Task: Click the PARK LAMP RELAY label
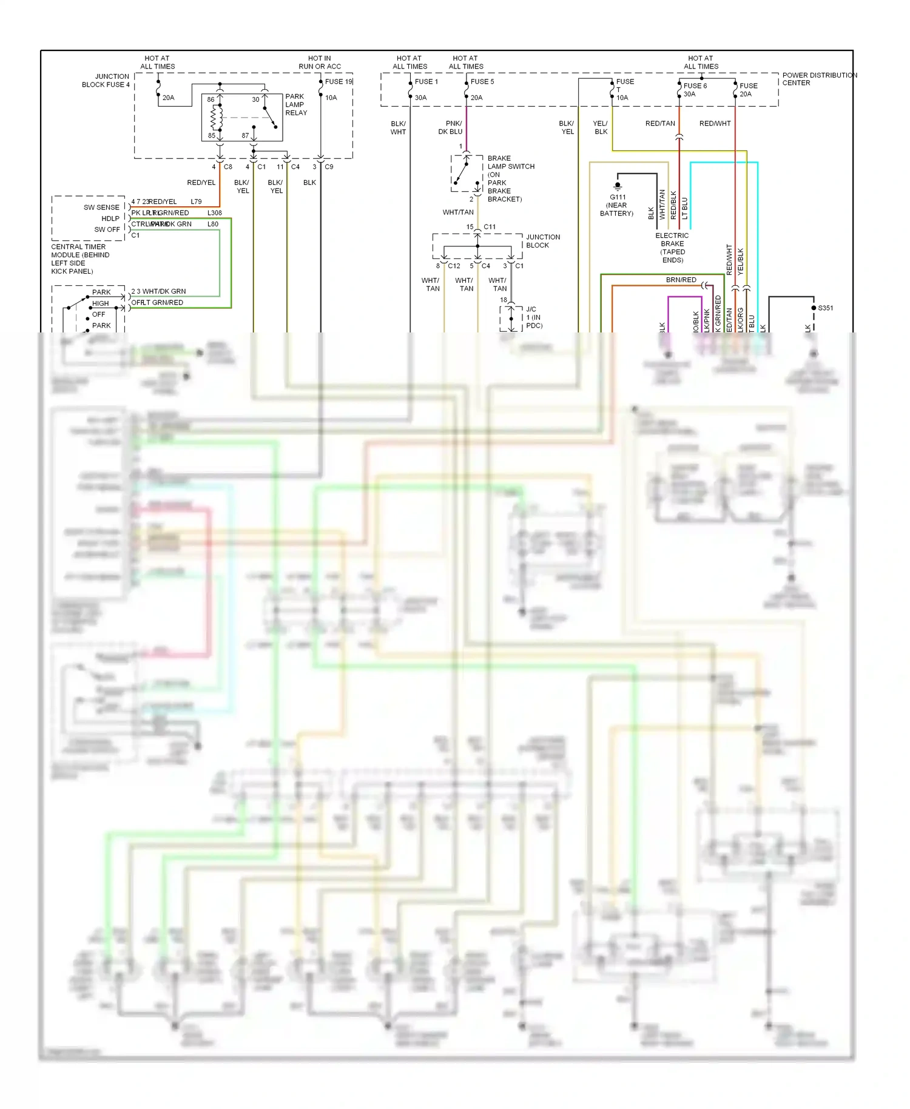296,105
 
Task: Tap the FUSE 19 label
338,82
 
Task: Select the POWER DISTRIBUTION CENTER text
818,79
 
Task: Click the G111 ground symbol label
617,205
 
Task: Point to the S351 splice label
825,308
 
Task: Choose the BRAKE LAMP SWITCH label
510,178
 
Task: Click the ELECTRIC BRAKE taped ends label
672,248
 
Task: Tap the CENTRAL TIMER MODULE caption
80,259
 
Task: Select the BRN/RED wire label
681,280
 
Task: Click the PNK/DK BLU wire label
450,127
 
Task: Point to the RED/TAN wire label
659,124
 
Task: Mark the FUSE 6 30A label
695,90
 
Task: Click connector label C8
228,167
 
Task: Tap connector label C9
329,167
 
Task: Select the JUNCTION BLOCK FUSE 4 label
106,81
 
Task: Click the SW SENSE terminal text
101,207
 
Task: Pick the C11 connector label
490,227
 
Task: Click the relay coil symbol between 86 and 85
214,118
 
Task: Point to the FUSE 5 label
482,82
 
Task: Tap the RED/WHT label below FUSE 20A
715,124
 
